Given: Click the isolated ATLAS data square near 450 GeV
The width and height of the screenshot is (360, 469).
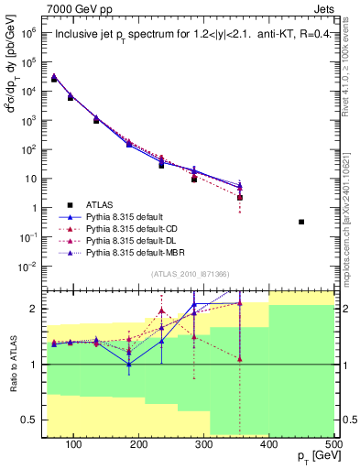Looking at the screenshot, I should point(301,222).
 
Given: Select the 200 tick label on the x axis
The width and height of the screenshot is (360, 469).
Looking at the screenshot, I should point(138,444).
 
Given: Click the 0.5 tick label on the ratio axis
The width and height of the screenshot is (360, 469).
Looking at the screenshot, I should point(36,421).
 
